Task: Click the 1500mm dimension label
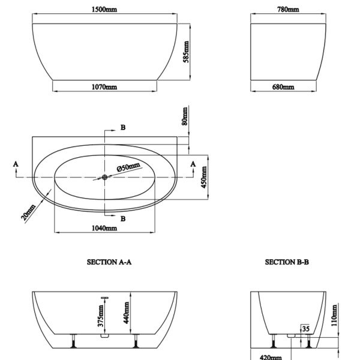pyautogui.click(x=104, y=10)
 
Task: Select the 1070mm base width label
pyautogui.click(x=104, y=87)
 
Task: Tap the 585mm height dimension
pyautogui.click(x=186, y=52)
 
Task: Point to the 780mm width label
pyautogui.click(x=288, y=10)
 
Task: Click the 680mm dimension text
pyautogui.click(x=283, y=87)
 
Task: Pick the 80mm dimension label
pyautogui.click(x=185, y=116)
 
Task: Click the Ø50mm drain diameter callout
pyautogui.click(x=128, y=167)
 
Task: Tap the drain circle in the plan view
pyautogui.click(x=104, y=177)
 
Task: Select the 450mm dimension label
pyautogui.click(x=204, y=177)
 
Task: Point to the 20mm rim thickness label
pyautogui.click(x=28, y=212)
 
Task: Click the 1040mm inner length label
pyautogui.click(x=104, y=228)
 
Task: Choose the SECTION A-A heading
pyautogui.click(x=109, y=262)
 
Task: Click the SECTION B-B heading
pyautogui.click(x=287, y=262)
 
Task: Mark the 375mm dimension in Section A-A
pyautogui.click(x=101, y=316)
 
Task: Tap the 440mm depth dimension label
pyautogui.click(x=126, y=313)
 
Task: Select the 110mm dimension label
pyautogui.click(x=334, y=315)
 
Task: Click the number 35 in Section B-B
pyautogui.click(x=305, y=329)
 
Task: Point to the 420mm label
pyautogui.click(x=271, y=357)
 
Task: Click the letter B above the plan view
pyautogui.click(x=123, y=127)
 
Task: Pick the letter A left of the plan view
pyautogui.click(x=16, y=164)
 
